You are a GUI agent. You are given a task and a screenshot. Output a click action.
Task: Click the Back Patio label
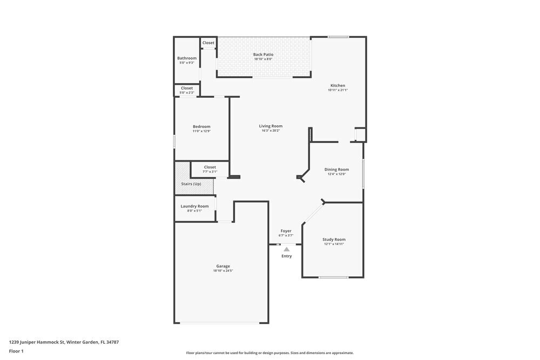tap(264, 55)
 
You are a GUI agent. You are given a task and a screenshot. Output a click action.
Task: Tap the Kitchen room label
tap(337, 86)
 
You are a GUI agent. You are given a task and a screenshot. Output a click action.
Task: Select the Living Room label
tap(271, 126)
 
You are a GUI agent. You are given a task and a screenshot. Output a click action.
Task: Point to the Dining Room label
tap(336, 169)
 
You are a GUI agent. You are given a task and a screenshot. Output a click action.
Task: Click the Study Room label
tap(334, 240)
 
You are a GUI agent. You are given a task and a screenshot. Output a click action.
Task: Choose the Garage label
tap(223, 266)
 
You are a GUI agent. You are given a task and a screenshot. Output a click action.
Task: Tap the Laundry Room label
tap(194, 206)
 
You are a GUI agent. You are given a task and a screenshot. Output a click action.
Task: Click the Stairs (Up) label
tap(191, 184)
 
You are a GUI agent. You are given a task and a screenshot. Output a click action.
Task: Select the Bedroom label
tap(201, 127)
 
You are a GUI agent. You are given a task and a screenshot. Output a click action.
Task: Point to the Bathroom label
tap(187, 58)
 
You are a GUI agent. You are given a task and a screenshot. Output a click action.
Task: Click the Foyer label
tap(286, 231)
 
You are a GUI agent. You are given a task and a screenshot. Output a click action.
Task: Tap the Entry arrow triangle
tap(286, 249)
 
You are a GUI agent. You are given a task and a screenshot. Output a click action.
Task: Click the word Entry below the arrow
tap(286, 256)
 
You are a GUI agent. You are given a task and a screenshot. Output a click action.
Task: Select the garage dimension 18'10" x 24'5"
tap(223, 271)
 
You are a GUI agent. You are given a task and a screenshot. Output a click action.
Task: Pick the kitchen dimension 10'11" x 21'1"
tap(337, 90)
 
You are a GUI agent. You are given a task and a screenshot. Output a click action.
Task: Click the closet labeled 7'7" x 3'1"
tap(210, 169)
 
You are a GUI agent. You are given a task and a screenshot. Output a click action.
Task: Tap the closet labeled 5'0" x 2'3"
tap(187, 90)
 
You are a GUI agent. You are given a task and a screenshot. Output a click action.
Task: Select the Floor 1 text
tap(16, 351)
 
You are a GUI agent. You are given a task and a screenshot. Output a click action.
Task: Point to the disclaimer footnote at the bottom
tap(270, 353)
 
